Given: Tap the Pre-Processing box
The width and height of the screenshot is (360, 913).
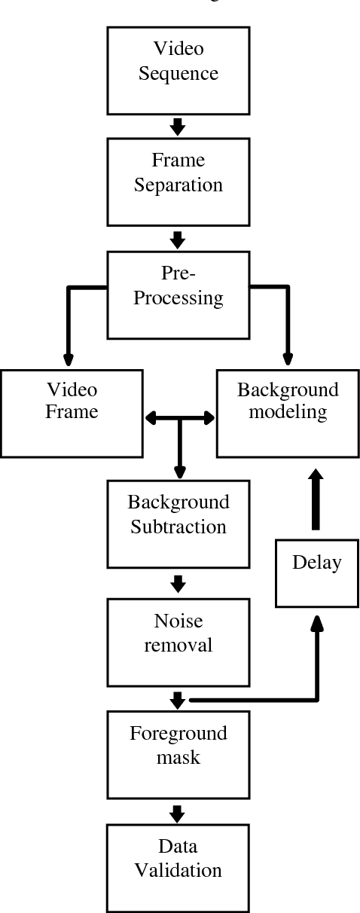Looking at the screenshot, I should (178, 295).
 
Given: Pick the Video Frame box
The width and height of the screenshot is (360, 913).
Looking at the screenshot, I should (72, 412).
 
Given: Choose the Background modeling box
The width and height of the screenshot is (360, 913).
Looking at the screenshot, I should (288, 412).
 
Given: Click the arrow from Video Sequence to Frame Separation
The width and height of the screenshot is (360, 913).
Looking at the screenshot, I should (178, 126).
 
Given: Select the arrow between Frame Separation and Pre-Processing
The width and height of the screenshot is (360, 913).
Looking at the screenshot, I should (178, 239).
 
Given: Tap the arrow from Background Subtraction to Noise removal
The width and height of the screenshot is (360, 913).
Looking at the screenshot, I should (178, 583).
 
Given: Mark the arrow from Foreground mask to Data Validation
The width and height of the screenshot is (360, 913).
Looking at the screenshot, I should (178, 812).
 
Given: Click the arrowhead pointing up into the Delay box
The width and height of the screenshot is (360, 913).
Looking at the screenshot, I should (317, 622).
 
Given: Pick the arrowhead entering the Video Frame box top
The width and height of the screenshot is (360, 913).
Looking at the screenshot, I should (68, 357).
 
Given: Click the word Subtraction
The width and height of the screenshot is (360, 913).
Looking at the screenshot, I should (178, 527).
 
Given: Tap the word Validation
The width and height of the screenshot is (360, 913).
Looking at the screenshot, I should (178, 871).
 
